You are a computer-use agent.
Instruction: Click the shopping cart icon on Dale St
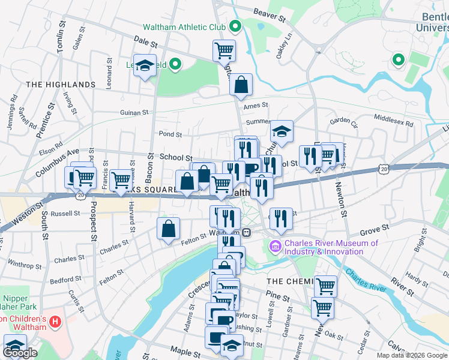tap(224, 51)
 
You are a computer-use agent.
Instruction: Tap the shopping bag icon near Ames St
tap(241, 85)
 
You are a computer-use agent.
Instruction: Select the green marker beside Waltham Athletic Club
tap(235, 27)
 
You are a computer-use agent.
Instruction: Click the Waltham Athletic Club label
tap(184, 27)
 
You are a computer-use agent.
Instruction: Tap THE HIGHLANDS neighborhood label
tap(61, 85)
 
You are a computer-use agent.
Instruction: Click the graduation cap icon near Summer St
tap(281, 131)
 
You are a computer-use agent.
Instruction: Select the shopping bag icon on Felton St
tap(169, 228)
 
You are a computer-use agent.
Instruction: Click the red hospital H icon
tap(56, 322)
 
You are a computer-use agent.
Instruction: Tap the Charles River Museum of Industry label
tap(331, 247)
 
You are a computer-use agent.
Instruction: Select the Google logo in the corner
tap(20, 353)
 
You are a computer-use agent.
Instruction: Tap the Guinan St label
tap(134, 112)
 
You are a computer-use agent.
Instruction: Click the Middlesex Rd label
tap(394, 121)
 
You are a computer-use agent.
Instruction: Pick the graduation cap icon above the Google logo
tap(15, 346)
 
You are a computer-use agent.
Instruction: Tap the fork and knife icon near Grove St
tap(280, 219)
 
